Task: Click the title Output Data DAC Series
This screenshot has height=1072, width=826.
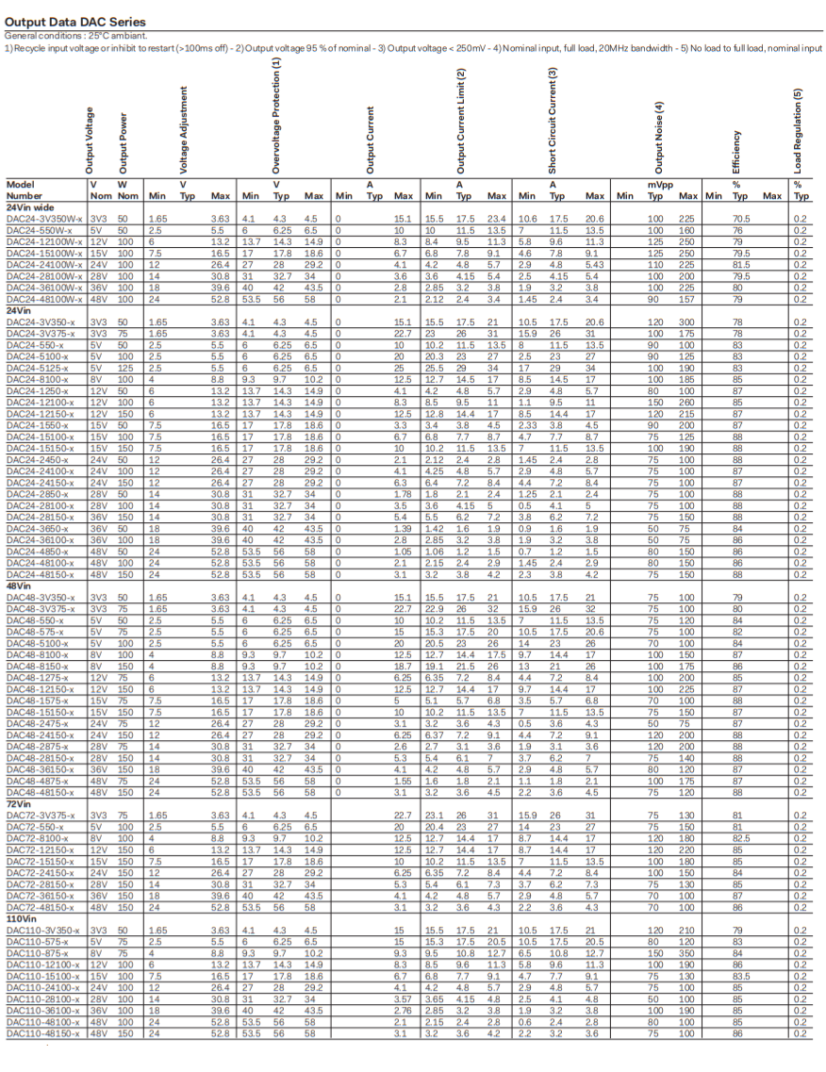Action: [75, 21]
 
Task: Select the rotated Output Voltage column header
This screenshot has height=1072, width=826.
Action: [91, 139]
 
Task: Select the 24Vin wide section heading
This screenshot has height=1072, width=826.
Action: [30, 206]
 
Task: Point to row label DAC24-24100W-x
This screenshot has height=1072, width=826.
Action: [44, 266]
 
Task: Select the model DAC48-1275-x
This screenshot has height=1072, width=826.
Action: [37, 678]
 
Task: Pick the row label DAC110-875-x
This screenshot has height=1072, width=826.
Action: [37, 954]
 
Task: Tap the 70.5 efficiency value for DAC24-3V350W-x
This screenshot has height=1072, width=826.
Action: [740, 218]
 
